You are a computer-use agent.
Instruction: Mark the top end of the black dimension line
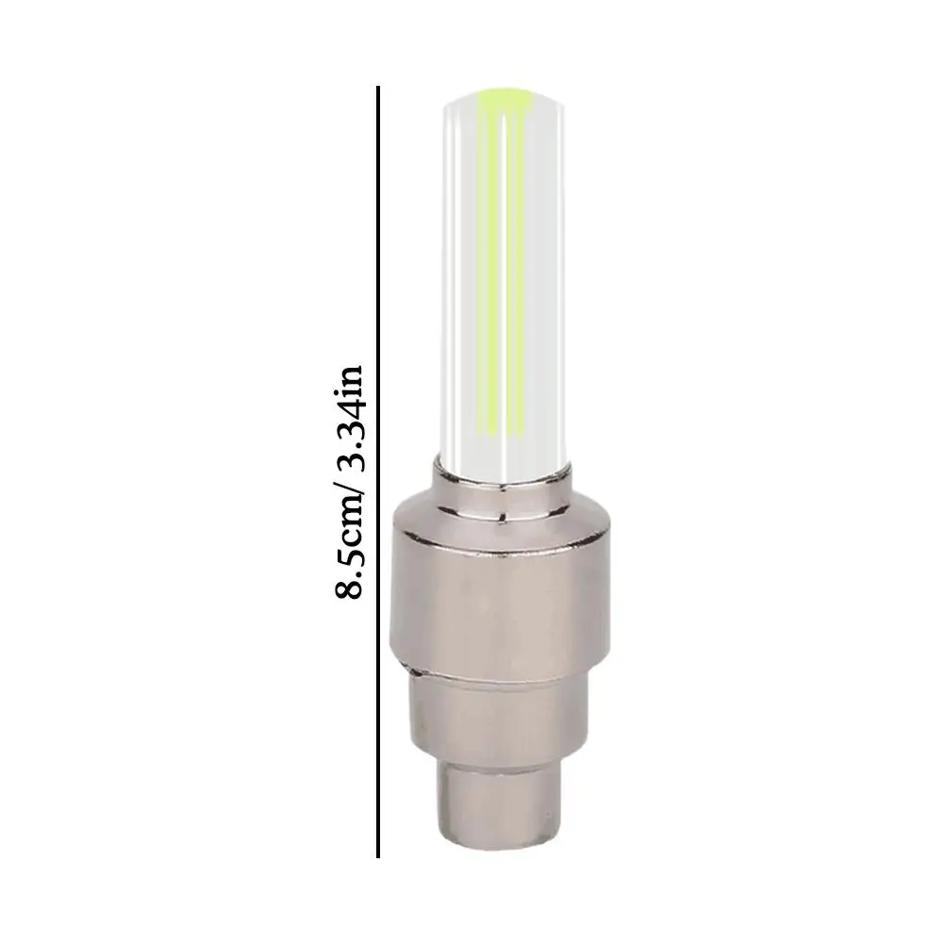pos(378,89)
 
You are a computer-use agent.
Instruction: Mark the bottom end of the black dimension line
pos(378,856)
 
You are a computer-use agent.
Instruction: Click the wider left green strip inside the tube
pos(489,283)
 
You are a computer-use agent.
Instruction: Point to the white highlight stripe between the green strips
pos(505,283)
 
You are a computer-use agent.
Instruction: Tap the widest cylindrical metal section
pos(500,594)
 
